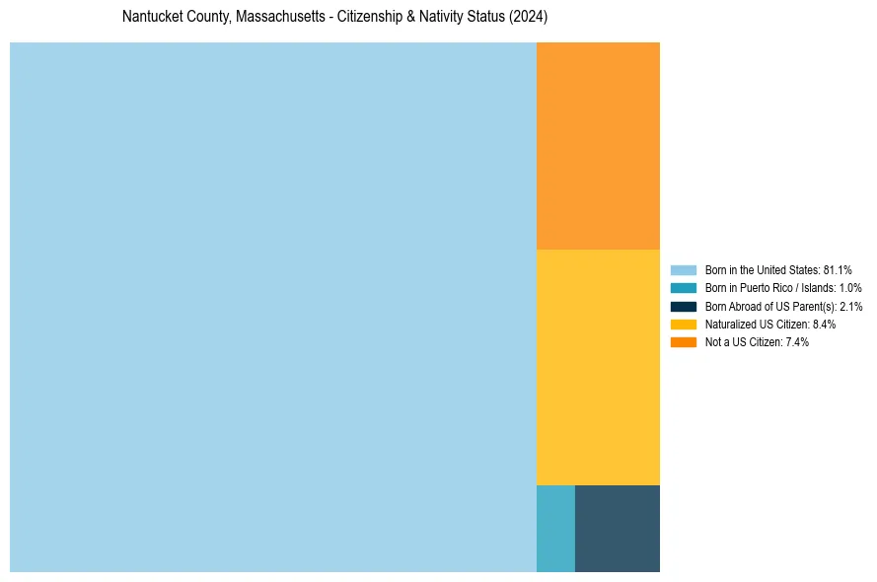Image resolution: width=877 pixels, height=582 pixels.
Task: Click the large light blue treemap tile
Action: pyautogui.click(x=273, y=307)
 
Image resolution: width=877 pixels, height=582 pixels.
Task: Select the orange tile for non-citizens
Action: pyautogui.click(x=598, y=146)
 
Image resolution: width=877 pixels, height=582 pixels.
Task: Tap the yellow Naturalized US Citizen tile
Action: pyautogui.click(x=598, y=367)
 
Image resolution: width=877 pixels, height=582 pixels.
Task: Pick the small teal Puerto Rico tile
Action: pyautogui.click(x=555, y=528)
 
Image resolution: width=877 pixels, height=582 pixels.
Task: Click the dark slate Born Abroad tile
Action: pyautogui.click(x=618, y=528)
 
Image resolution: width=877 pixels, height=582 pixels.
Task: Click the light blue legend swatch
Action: pyautogui.click(x=684, y=269)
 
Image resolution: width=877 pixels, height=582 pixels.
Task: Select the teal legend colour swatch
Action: pyautogui.click(x=684, y=288)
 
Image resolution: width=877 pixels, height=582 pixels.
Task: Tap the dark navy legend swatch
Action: pyautogui.click(x=684, y=306)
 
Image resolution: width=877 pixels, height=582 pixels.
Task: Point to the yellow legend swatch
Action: pyautogui.click(x=684, y=324)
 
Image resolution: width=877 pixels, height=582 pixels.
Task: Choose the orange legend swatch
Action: pyautogui.click(x=684, y=342)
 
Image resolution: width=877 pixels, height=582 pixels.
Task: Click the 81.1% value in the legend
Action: pyautogui.click(x=838, y=269)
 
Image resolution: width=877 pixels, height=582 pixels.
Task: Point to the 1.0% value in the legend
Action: pyautogui.click(x=849, y=288)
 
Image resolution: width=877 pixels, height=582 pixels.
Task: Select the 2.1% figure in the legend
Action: pyautogui.click(x=850, y=306)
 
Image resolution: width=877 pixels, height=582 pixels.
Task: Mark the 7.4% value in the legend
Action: pyautogui.click(x=796, y=342)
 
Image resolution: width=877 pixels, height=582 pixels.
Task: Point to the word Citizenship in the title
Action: pyautogui.click(x=372, y=18)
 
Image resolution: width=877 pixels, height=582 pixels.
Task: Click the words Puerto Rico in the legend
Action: pyautogui.click(x=768, y=288)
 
